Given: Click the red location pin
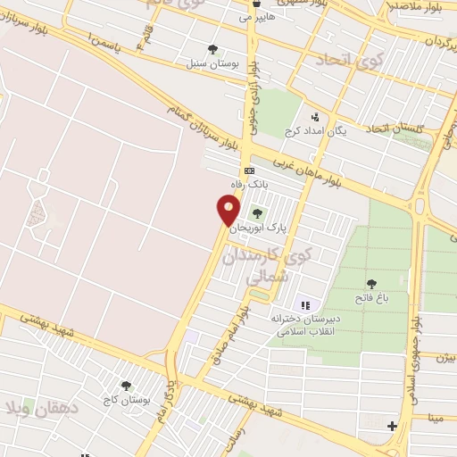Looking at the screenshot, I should [x=228, y=211].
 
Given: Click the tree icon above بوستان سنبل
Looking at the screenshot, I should [x=212, y=49].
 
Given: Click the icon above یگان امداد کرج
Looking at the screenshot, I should [x=313, y=117].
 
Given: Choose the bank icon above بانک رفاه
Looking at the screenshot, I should [x=249, y=170].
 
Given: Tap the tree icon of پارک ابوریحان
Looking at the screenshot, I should [x=258, y=213].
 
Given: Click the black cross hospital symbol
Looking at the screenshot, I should [x=392, y=426].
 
